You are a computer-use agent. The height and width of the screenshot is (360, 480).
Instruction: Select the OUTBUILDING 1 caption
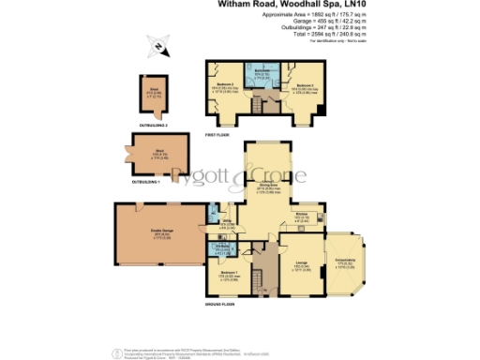pyautogui.click(x=145, y=181)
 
